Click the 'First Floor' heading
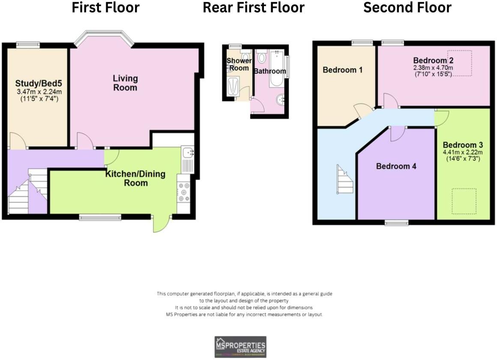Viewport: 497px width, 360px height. point(105,8)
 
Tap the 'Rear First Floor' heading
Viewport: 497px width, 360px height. point(253,8)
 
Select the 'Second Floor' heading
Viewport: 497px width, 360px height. point(407,8)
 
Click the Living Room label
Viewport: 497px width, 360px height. point(125,83)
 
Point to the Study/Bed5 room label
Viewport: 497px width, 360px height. point(38,83)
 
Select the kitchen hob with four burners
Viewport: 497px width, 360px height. point(185,192)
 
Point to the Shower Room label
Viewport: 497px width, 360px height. point(239,65)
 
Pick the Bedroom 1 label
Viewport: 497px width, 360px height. point(342,70)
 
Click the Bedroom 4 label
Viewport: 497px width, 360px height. point(396,166)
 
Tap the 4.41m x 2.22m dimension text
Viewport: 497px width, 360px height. point(463,152)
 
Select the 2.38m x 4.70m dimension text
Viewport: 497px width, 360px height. point(433,68)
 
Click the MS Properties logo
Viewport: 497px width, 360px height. point(240,347)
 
